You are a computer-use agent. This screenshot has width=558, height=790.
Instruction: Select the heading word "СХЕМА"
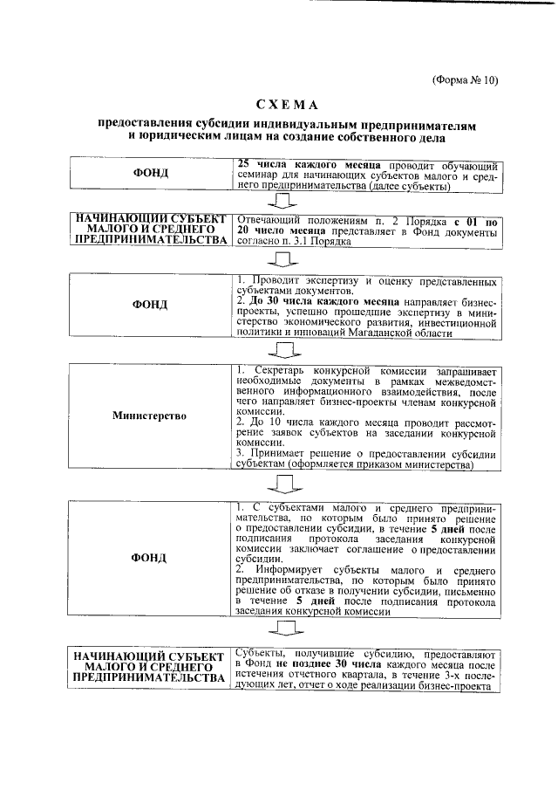pos(287,105)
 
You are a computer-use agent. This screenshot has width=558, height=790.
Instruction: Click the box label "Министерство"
pos(149,416)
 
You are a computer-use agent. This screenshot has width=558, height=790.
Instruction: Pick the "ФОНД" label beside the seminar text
pos(150,174)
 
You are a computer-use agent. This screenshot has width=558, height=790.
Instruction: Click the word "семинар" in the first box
pos(259,176)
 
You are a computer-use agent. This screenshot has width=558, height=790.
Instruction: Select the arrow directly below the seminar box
pos(284,202)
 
